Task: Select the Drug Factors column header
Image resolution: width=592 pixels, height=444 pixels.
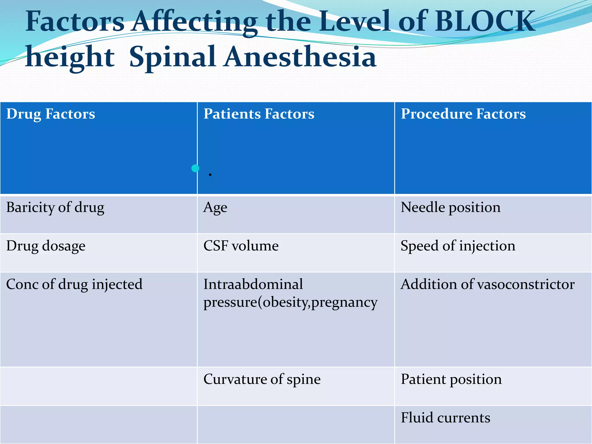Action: (51, 114)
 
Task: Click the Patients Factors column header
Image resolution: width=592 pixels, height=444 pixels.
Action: (259, 114)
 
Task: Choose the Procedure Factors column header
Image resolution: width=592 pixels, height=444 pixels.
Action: (463, 114)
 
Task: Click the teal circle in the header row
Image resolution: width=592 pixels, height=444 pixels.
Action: (195, 168)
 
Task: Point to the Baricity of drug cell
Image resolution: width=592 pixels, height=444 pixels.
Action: (55, 208)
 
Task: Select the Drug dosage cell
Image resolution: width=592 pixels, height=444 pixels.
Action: (46, 246)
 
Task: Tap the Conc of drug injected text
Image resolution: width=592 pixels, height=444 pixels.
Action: (74, 284)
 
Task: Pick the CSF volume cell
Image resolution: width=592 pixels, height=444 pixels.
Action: (241, 246)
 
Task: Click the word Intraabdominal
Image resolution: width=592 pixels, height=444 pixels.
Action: (253, 284)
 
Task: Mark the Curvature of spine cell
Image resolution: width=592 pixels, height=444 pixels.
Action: (262, 379)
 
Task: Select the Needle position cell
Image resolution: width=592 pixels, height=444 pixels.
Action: (450, 208)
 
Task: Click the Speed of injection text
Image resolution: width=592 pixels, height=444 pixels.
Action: (458, 246)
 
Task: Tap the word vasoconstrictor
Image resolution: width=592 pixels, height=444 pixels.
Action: (526, 284)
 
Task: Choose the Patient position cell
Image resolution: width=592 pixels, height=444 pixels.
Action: (451, 379)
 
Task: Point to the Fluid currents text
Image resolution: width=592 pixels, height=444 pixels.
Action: (445, 418)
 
